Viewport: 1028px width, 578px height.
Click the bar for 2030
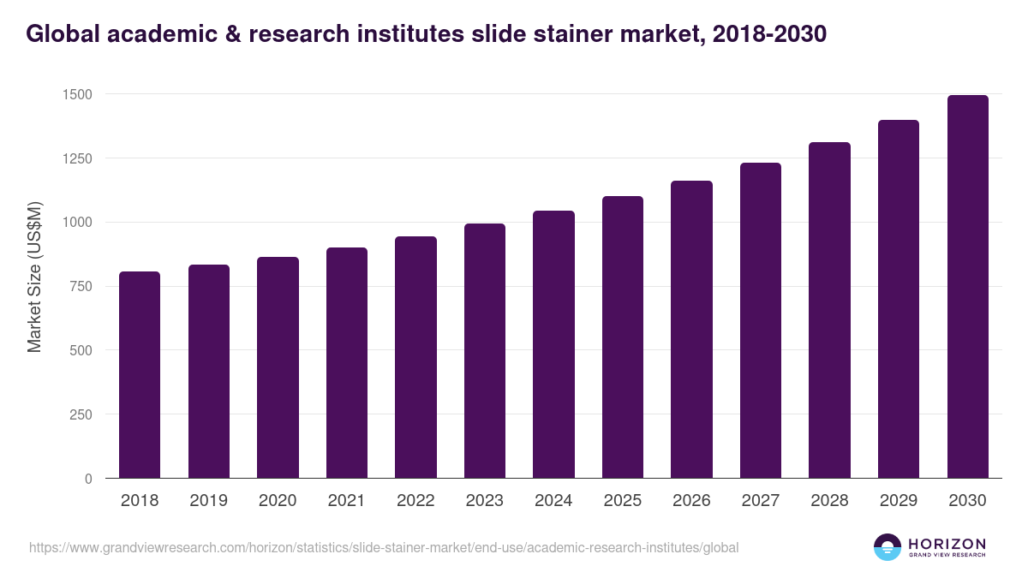967,287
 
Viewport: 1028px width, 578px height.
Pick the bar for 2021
347,363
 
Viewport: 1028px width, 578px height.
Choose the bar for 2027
761,320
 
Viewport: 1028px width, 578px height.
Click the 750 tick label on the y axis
81,286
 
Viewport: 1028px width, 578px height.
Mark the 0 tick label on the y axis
88,479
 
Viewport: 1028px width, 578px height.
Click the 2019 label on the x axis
208,501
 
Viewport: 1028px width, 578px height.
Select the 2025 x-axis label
622,501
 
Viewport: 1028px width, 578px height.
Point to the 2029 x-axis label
899,501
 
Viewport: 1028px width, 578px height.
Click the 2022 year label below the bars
415,501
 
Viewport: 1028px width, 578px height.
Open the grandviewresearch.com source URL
384,547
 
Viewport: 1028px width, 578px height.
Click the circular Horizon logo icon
888,547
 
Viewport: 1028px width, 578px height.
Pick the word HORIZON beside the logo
947,543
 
